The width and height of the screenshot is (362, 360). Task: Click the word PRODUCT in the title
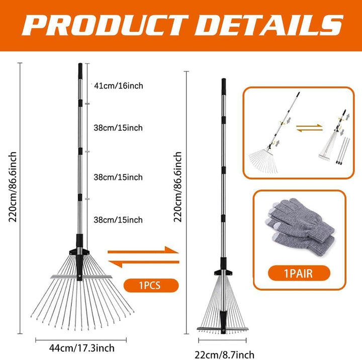(105, 25)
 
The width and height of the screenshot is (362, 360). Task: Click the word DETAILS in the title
(269, 25)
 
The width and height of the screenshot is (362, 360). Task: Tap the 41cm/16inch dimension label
(119, 86)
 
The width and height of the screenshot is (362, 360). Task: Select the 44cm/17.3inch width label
(82, 348)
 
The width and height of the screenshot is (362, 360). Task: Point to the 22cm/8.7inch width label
(224, 354)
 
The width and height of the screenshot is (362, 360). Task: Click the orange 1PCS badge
(151, 286)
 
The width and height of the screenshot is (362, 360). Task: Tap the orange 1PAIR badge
(299, 273)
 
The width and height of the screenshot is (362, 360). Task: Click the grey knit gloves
(300, 227)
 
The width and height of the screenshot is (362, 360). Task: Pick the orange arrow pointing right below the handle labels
(143, 250)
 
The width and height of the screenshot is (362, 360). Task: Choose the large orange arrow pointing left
(144, 263)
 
